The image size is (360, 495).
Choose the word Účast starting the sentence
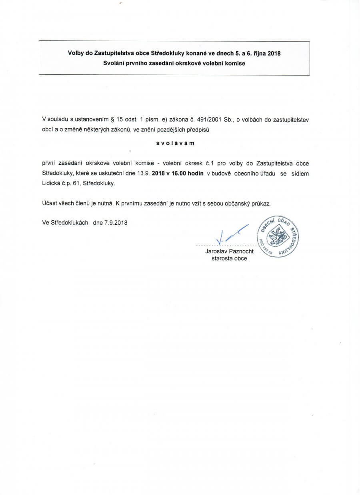[50, 203]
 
